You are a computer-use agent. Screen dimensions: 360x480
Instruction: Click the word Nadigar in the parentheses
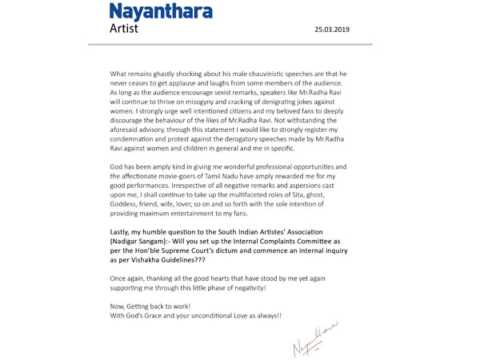tap(129, 242)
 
